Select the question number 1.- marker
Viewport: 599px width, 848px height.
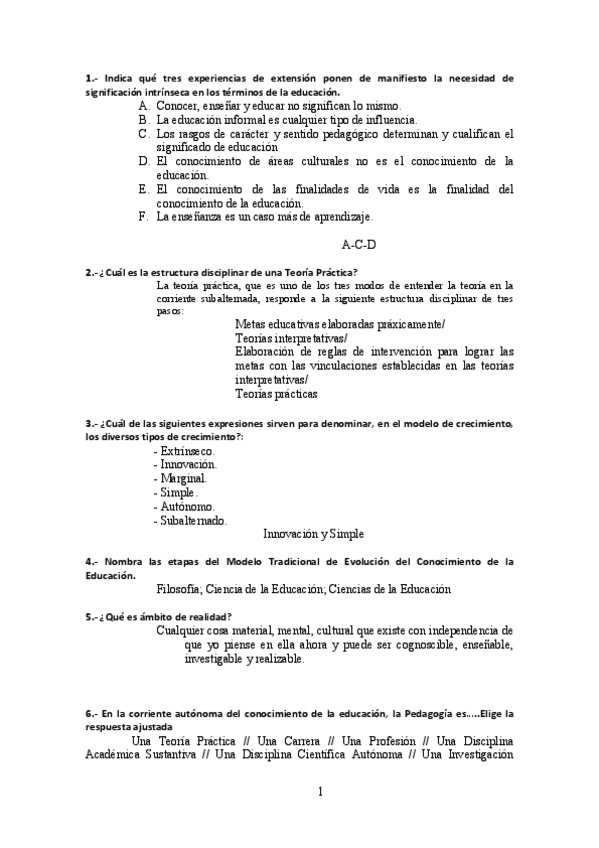coord(91,77)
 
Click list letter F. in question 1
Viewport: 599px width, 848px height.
coord(145,216)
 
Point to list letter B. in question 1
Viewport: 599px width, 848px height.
coord(145,119)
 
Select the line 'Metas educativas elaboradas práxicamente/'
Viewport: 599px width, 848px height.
coord(340,325)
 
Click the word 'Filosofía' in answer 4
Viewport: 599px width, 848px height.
coord(184,589)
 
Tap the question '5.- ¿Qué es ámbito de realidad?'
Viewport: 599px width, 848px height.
coord(159,616)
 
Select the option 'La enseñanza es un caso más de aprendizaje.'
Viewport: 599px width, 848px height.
coord(264,216)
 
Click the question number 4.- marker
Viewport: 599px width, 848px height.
coord(91,562)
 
